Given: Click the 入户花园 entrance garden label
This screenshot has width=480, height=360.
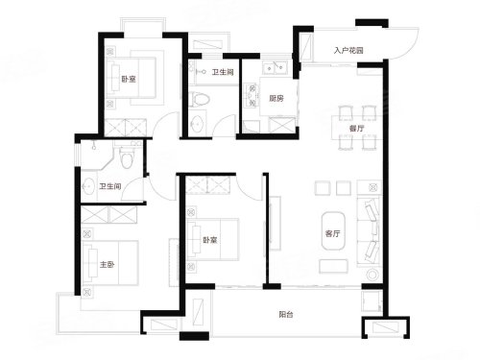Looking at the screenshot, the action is [x=348, y=51].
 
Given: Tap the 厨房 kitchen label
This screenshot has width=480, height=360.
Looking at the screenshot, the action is [x=276, y=98].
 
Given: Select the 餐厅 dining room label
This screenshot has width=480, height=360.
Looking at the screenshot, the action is [x=356, y=129].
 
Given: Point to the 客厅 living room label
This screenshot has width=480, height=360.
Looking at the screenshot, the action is [x=332, y=233].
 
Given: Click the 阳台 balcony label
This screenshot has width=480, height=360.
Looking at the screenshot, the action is [x=286, y=314].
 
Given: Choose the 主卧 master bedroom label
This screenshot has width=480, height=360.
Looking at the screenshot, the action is [x=107, y=265].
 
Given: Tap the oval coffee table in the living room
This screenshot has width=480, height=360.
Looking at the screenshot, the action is [x=333, y=230].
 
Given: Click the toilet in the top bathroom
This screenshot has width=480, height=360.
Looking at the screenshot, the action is [x=199, y=99].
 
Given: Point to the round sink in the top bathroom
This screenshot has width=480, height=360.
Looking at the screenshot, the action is [x=196, y=124].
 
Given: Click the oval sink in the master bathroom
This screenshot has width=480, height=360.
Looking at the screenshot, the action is [x=87, y=186].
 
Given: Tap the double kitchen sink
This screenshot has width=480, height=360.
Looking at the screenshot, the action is [x=275, y=67].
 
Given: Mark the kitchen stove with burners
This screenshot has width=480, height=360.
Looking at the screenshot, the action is [x=252, y=95].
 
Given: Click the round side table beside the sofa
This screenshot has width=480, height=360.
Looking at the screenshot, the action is [x=372, y=275].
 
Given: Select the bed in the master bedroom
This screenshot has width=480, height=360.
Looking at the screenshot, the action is [x=110, y=263].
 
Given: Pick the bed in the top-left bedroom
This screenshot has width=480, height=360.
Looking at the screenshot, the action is [x=131, y=77].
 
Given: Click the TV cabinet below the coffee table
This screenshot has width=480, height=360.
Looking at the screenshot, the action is [x=333, y=266].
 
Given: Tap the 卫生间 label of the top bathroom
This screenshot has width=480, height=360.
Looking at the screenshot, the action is [x=223, y=72].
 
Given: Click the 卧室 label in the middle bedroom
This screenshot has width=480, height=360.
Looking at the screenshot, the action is [x=210, y=240].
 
